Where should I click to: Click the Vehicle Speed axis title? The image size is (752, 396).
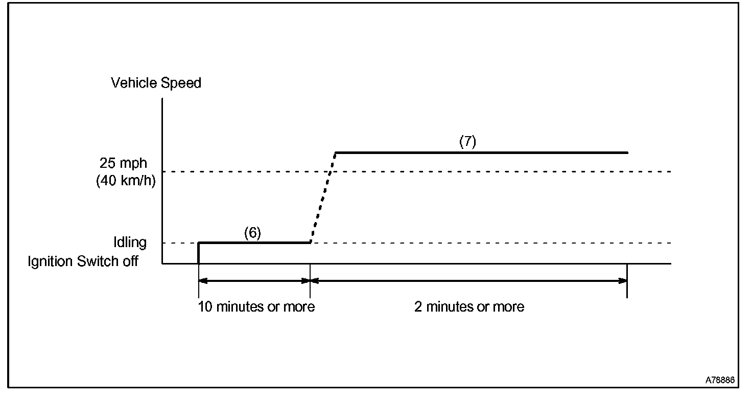(156, 83)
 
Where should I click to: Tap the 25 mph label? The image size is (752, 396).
(123, 164)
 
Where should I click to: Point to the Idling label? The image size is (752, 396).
(130, 243)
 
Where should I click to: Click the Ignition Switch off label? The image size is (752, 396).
(83, 261)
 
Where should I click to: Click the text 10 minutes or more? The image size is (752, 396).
(256, 307)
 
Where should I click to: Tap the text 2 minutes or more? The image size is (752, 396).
(469, 307)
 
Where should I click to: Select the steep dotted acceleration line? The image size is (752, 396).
(322, 198)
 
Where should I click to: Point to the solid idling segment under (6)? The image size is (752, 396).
(254, 243)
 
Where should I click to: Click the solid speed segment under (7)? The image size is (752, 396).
(480, 152)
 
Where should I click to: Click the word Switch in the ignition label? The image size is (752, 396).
(95, 261)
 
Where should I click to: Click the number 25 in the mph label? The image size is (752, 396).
(108, 164)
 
